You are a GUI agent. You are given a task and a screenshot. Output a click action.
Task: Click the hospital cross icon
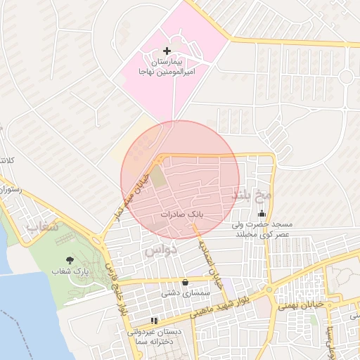167,51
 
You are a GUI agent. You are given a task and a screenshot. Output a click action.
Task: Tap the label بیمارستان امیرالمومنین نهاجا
167,67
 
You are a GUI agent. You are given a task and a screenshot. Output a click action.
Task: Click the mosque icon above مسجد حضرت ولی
262,214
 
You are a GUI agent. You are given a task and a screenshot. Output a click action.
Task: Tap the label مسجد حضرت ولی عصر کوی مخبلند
262,229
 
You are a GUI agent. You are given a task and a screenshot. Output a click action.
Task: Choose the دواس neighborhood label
161,250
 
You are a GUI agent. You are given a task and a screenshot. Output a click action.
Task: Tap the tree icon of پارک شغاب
68,260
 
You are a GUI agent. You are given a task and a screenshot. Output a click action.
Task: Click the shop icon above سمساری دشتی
185,282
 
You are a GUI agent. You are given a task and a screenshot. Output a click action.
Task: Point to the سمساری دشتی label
183,292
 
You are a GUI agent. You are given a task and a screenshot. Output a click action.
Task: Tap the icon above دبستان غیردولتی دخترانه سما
154,321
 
